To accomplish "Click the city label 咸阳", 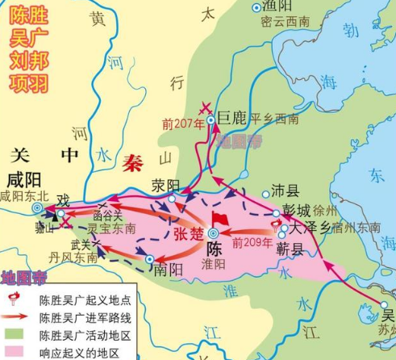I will pyautogui.click(x=19, y=178).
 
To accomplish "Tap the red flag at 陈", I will pyautogui.click(x=217, y=220).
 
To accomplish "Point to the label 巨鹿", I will pyautogui.click(x=235, y=119).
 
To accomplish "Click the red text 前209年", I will pyautogui.click(x=250, y=241).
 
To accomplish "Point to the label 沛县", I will pyautogui.click(x=285, y=190).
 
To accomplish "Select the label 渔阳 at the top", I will pyautogui.click(x=277, y=6).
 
